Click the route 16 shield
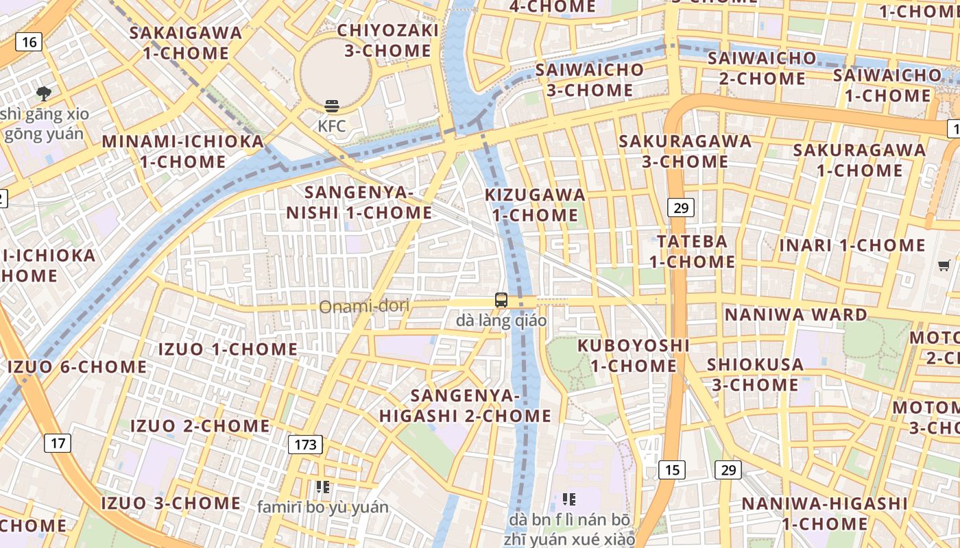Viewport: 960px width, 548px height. [x=29, y=42]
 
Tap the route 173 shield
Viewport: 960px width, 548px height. [x=305, y=445]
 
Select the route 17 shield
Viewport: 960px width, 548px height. [x=58, y=443]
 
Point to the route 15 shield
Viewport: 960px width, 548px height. [x=672, y=469]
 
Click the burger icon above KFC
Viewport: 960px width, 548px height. [x=332, y=106]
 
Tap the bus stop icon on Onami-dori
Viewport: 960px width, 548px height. [x=501, y=300]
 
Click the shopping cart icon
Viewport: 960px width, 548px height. [x=944, y=265]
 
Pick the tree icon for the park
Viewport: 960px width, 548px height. [x=44, y=92]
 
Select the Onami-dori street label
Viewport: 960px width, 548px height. [x=364, y=306]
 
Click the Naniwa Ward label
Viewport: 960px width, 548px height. [x=795, y=315]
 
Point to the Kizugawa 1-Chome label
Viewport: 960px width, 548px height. [x=536, y=205]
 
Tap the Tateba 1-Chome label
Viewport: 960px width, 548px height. [x=692, y=251]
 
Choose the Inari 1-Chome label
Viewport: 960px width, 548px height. [x=852, y=245]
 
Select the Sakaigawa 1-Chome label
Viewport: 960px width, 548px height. [x=186, y=42]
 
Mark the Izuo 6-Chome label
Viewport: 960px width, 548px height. [x=77, y=367]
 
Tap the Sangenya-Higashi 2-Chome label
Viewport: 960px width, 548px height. [x=466, y=406]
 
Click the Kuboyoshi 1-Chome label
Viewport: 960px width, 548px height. [x=634, y=355]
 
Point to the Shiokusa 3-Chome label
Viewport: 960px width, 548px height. [x=755, y=374]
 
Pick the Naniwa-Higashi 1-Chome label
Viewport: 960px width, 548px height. [x=824, y=514]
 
